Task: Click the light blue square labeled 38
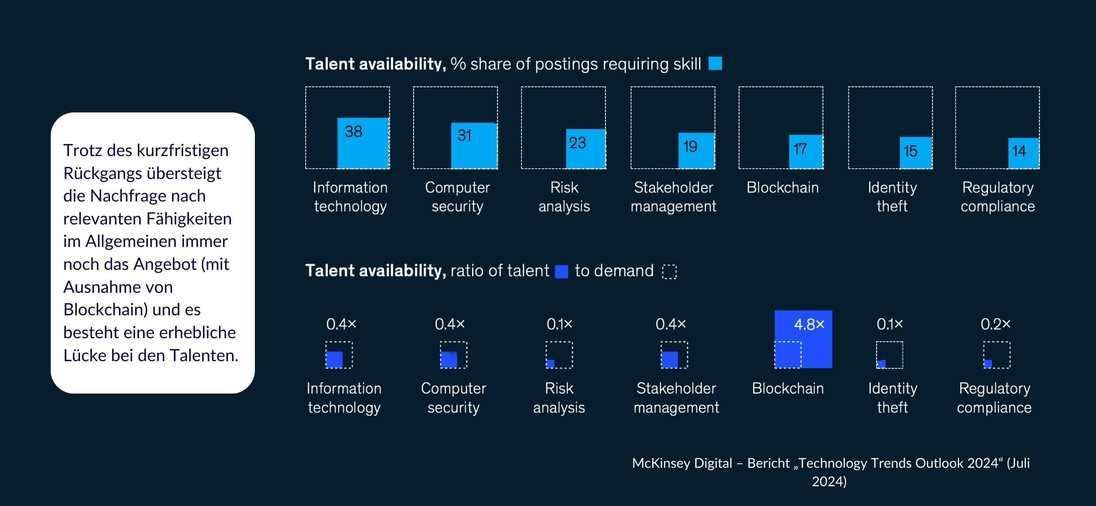pyautogui.click(x=363, y=143)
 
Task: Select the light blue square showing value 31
pyautogui.click(x=474, y=145)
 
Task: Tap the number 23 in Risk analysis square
pyautogui.click(x=577, y=143)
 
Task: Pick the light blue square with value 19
pyautogui.click(x=696, y=150)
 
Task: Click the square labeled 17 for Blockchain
pyautogui.click(x=806, y=152)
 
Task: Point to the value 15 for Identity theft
pyautogui.click(x=910, y=151)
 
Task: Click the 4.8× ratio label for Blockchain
pyautogui.click(x=809, y=324)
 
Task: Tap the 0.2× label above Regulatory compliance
pyautogui.click(x=995, y=324)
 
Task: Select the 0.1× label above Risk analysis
pyautogui.click(x=559, y=324)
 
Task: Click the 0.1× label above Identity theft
pyautogui.click(x=890, y=324)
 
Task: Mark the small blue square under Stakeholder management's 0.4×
pyautogui.click(x=669, y=359)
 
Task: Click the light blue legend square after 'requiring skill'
pyautogui.click(x=715, y=63)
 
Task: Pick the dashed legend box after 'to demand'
pyautogui.click(x=669, y=272)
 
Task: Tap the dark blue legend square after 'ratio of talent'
pyautogui.click(x=561, y=272)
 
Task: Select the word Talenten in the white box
pyautogui.click(x=208, y=355)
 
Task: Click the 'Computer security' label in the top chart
pyautogui.click(x=457, y=197)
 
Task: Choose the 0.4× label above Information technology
pyautogui.click(x=341, y=324)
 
